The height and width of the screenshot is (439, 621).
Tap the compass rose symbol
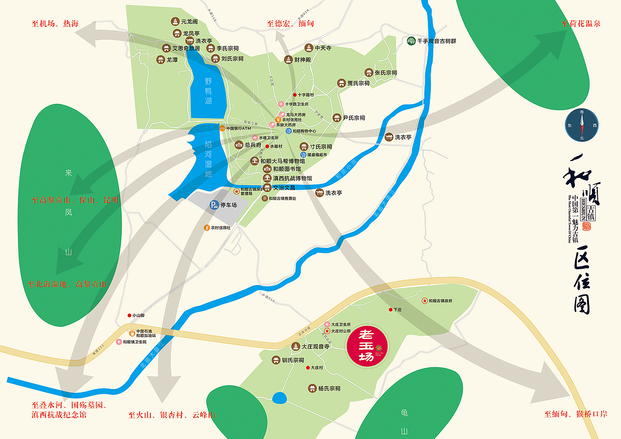click(582, 125)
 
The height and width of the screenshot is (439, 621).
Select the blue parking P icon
click(213, 205)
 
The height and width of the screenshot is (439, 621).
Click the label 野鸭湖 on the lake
click(208, 91)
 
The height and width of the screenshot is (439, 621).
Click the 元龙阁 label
click(189, 22)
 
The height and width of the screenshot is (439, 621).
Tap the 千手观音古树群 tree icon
click(411, 41)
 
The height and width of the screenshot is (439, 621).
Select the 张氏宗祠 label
click(385, 73)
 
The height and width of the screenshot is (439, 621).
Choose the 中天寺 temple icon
click(309, 48)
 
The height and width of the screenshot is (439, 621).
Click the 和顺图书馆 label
click(287, 169)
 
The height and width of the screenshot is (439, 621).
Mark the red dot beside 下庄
click(390, 309)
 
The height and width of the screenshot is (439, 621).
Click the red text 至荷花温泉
click(581, 23)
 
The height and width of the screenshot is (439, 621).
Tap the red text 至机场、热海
click(55, 24)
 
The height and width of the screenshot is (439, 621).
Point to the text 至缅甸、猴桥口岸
click(575, 414)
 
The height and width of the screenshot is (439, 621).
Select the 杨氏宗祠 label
click(329, 389)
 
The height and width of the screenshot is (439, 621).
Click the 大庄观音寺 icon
click(295, 347)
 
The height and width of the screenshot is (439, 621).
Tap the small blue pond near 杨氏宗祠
click(279, 398)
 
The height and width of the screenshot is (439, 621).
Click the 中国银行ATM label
click(238, 129)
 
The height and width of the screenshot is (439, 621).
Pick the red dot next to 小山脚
click(130, 316)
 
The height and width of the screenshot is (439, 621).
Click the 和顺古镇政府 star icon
click(425, 301)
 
